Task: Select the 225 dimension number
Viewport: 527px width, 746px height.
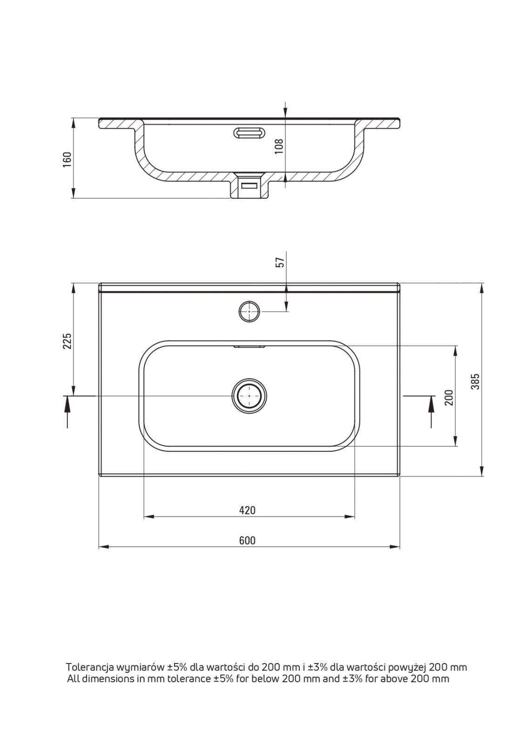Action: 67,341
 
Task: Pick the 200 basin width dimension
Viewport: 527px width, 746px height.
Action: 449,397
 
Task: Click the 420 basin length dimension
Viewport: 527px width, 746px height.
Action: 247,510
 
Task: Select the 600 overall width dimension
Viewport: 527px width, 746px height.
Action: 247,540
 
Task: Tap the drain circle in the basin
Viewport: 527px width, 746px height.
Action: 249,396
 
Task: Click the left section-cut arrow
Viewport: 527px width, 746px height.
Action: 68,411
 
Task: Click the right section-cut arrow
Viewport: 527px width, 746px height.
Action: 431,411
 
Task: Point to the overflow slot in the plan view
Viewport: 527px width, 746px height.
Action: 250,346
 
